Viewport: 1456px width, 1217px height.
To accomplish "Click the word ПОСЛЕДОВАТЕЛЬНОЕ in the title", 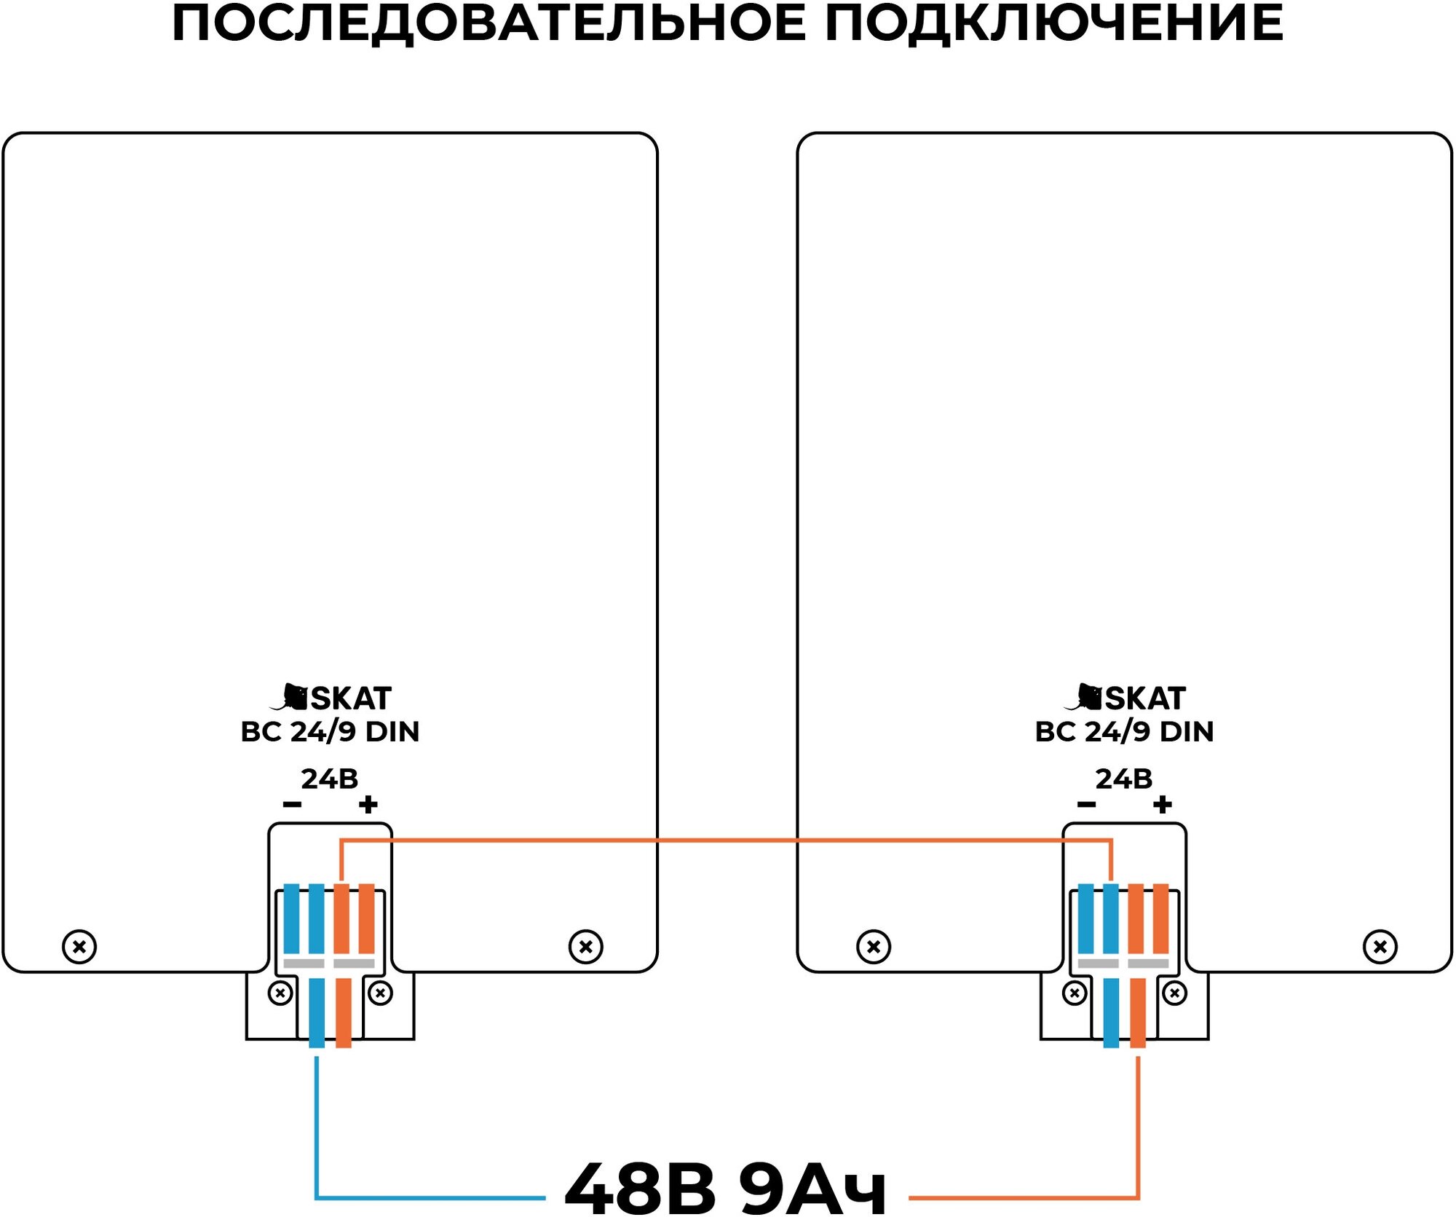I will click(x=488, y=23).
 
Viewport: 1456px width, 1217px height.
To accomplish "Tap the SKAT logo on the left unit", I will click(x=331, y=698).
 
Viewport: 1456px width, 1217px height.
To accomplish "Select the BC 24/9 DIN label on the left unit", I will click(x=330, y=731).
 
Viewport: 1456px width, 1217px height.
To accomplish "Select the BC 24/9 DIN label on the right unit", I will click(x=1124, y=731).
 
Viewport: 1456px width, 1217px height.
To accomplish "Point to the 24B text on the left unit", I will click(x=330, y=779).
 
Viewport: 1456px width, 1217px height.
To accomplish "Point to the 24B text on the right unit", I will click(x=1124, y=779).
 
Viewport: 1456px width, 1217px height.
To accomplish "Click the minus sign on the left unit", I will click(x=292, y=805).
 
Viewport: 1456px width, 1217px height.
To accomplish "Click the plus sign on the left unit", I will click(x=368, y=805).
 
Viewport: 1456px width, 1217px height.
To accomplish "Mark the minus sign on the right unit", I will click(x=1086, y=805).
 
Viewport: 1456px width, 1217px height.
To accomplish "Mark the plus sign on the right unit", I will click(x=1163, y=805).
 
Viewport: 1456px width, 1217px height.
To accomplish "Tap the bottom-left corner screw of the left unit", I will click(x=79, y=947).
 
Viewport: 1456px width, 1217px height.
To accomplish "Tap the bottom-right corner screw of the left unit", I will click(x=585, y=947).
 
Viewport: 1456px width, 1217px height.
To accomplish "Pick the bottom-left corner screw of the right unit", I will click(x=874, y=947).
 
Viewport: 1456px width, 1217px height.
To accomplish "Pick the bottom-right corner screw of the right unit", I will click(x=1380, y=947).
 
